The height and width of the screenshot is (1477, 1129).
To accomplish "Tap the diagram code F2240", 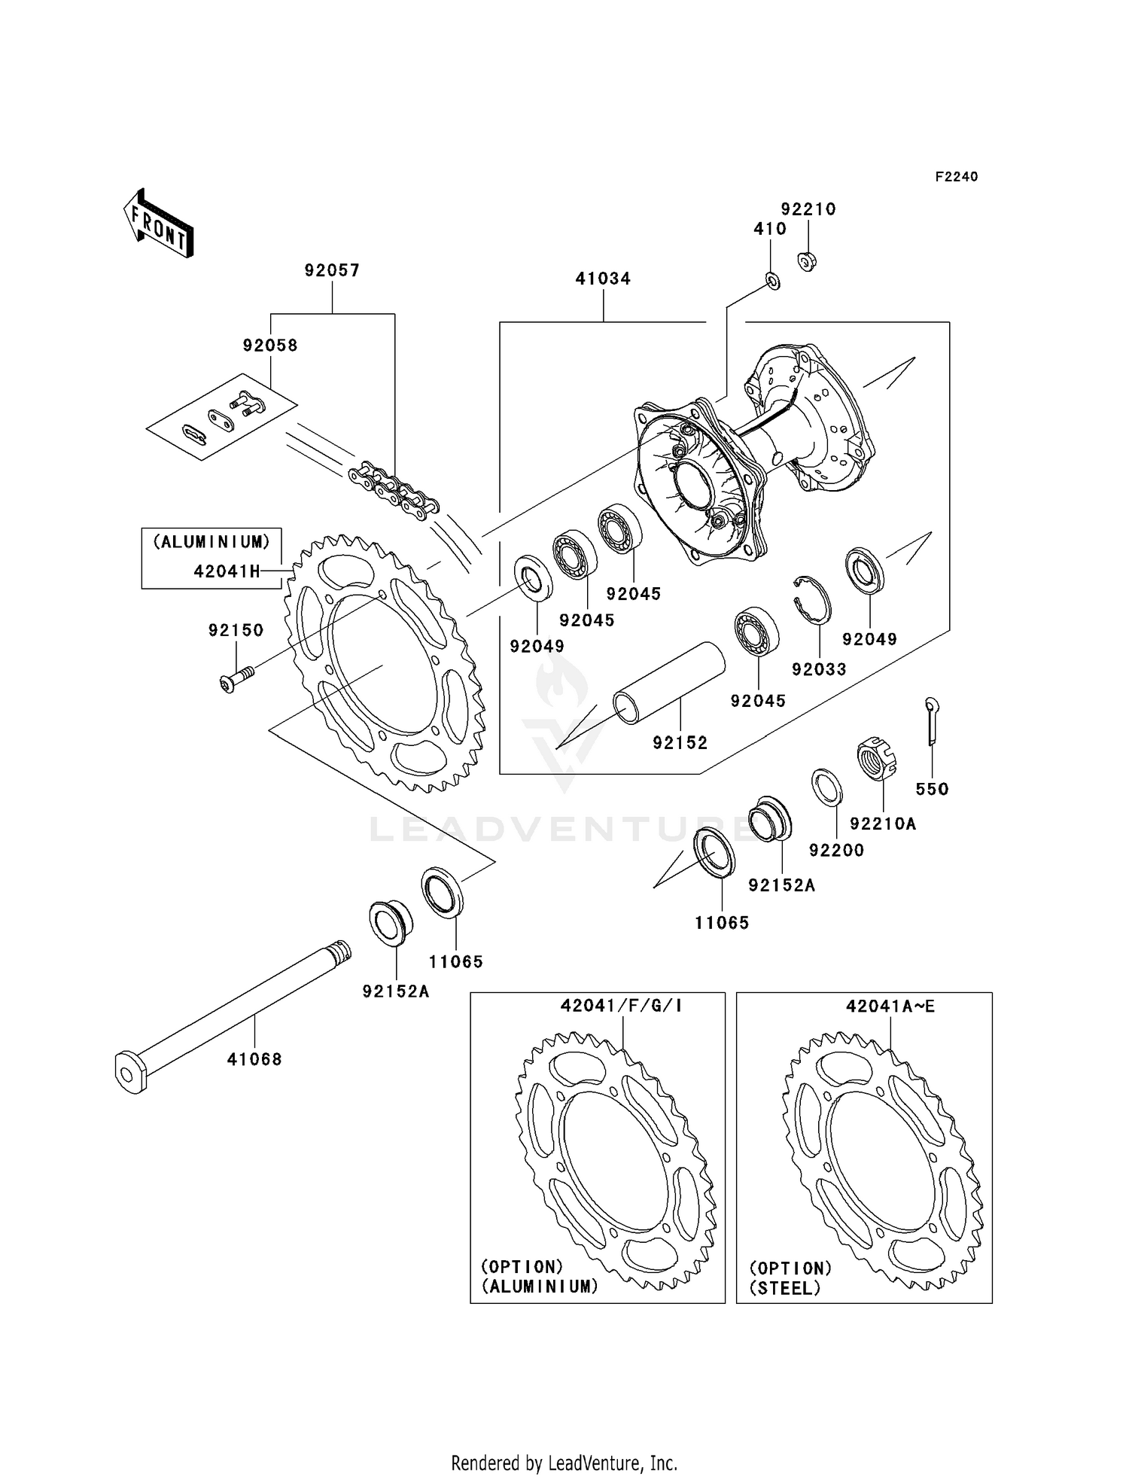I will coord(956,177).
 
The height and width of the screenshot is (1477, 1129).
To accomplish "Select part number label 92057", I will coord(332,270).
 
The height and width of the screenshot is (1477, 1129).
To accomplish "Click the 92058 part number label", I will coord(270,346).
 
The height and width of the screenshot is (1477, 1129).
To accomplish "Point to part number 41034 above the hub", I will coord(603,279).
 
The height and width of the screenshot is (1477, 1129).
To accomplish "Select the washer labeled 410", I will coord(772,282).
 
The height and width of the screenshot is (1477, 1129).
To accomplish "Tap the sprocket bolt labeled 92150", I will coord(236,677).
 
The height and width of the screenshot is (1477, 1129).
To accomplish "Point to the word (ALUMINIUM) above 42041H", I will coord(211,542).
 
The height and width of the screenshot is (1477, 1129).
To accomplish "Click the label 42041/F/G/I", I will coord(621,1006).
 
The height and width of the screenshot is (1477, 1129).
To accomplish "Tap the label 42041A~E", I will coord(890,1006).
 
